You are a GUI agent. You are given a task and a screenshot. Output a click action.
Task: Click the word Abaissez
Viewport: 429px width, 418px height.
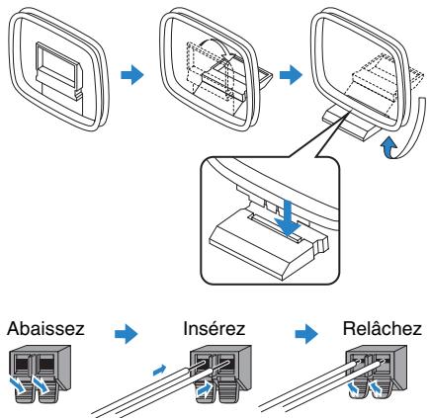tap(45, 329)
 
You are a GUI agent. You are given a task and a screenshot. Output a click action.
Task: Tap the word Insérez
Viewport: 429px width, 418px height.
tap(214, 329)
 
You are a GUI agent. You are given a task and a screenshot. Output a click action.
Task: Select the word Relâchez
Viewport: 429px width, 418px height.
tap(382, 329)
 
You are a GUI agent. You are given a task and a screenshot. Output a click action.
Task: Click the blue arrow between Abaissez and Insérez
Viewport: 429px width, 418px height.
tap(127, 334)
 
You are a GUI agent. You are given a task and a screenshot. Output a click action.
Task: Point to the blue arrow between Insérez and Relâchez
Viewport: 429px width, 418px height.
tap(306, 334)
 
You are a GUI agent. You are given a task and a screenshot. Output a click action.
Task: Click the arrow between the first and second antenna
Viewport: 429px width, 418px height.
tap(132, 75)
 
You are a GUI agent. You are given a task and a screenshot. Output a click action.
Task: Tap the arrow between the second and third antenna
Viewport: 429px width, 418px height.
tap(291, 75)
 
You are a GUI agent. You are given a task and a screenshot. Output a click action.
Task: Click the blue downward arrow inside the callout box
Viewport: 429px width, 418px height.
tap(288, 218)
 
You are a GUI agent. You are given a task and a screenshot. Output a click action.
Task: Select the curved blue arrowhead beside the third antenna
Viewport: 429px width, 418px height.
tap(388, 147)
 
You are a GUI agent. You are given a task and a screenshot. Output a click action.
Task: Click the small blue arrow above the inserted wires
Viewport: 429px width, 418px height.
tap(159, 370)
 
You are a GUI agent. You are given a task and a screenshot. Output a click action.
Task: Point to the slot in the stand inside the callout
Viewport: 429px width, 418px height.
tap(276, 228)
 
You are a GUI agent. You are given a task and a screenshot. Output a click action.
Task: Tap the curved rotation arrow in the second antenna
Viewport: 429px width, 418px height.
tap(214, 46)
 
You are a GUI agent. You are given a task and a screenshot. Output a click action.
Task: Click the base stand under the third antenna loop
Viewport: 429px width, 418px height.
tap(350, 124)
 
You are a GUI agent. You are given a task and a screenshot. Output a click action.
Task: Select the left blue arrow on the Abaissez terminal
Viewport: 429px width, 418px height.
tap(17, 385)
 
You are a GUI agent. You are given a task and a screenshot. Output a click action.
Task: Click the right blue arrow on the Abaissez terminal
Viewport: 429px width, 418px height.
tap(41, 385)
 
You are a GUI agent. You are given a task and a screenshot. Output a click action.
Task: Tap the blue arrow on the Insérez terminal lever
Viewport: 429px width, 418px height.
tap(204, 389)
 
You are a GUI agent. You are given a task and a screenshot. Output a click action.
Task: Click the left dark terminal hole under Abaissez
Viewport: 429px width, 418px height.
tap(22, 364)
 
